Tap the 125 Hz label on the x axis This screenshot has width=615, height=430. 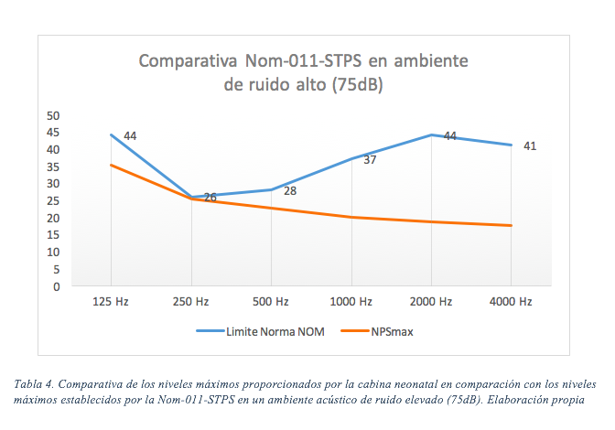[x=110, y=301]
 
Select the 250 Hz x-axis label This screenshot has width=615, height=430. [x=190, y=301]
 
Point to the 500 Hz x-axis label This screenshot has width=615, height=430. [x=271, y=301]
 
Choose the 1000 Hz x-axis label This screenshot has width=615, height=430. [x=351, y=301]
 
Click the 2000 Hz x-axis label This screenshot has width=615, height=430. [x=431, y=301]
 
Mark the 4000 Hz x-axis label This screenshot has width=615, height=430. [x=511, y=301]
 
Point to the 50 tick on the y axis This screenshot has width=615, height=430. [x=53, y=115]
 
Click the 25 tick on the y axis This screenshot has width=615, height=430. [x=53, y=200]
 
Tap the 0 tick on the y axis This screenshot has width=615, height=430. [x=56, y=286]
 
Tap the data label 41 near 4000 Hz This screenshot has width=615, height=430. [x=529, y=145]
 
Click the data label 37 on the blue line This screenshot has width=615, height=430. [x=370, y=160]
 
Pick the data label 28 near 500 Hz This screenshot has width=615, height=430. [x=289, y=191]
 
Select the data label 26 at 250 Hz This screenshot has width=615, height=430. [x=210, y=197]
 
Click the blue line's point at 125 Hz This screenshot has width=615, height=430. [x=111, y=134]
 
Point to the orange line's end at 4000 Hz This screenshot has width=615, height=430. [x=511, y=225]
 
